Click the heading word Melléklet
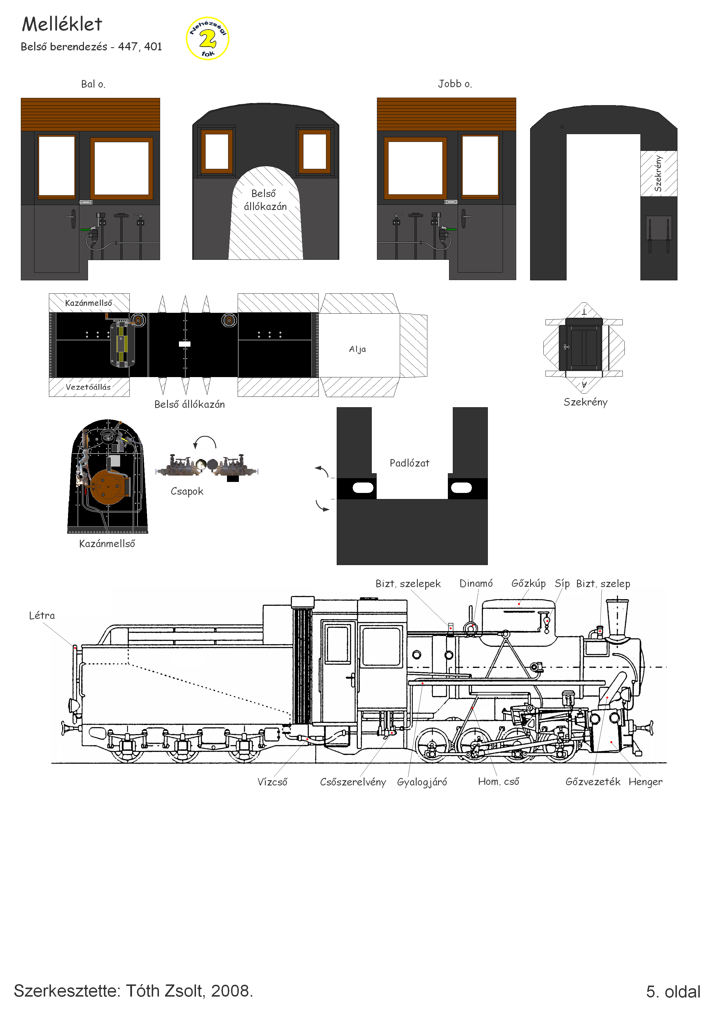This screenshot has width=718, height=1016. click(62, 24)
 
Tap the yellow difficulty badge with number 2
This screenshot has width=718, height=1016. click(208, 39)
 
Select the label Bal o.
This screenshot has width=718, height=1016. click(93, 84)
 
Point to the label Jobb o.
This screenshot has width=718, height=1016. click(455, 84)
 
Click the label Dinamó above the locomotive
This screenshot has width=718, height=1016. click(476, 583)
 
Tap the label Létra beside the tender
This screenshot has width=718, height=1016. click(42, 615)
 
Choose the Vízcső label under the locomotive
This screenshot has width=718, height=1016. click(272, 782)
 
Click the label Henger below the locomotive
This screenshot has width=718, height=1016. click(645, 782)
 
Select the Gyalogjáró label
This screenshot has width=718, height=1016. click(422, 782)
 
